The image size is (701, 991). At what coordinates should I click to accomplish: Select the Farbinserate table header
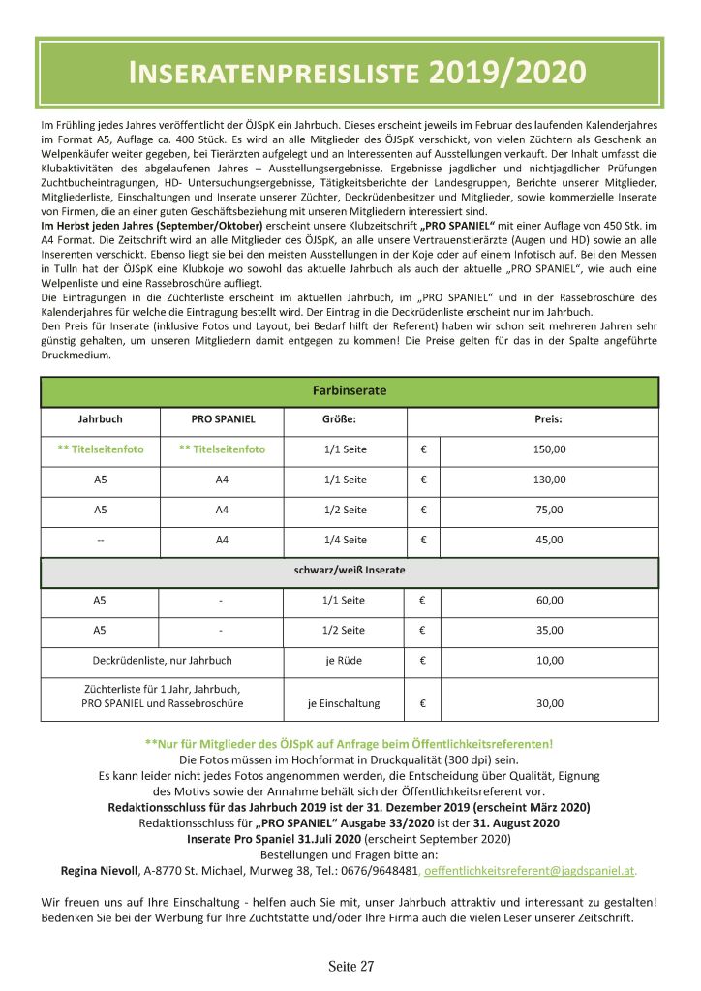tap(350, 391)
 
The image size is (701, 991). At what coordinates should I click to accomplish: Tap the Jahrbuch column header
tap(100, 420)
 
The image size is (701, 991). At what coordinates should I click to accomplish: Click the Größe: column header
tap(339, 420)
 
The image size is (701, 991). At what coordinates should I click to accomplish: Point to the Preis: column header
tap(548, 420)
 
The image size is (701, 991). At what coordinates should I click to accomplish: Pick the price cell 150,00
tap(549, 449)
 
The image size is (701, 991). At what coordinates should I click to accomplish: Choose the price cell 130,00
tap(549, 480)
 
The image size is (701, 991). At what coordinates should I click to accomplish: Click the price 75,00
tap(549, 510)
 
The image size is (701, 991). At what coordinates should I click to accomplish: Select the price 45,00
tap(549, 540)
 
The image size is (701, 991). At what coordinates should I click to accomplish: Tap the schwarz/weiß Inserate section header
tap(350, 571)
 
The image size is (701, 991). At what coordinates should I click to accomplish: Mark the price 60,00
tap(549, 601)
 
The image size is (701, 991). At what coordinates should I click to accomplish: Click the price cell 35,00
tap(549, 631)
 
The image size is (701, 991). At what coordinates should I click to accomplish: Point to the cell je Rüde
tap(345, 661)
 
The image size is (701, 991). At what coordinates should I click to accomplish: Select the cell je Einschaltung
tap(345, 703)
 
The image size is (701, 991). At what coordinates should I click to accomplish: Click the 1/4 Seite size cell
tap(345, 540)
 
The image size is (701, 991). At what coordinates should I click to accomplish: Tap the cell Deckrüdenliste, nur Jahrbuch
tap(162, 661)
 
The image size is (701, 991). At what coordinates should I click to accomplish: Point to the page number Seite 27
tap(350, 966)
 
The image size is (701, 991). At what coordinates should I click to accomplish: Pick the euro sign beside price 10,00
tap(423, 661)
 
